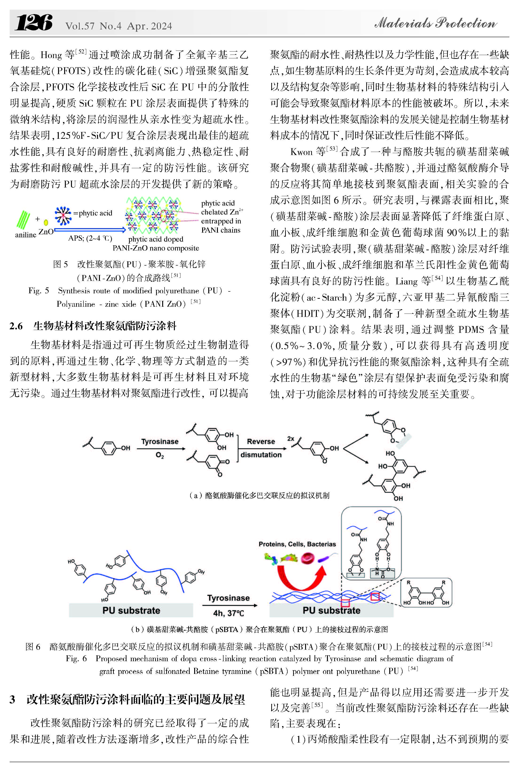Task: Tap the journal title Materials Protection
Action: [435, 23]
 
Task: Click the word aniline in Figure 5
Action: [25, 235]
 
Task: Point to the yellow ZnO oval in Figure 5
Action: [46, 223]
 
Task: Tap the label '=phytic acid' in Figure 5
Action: [93, 213]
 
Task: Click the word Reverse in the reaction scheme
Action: [261, 442]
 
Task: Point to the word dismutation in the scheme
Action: [261, 455]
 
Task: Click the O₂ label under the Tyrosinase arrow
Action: [160, 455]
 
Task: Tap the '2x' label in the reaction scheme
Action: [291, 438]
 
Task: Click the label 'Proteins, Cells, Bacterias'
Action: [297, 544]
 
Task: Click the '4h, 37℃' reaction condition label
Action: [228, 613]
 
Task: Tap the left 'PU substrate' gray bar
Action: [131, 610]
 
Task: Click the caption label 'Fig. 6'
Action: [76, 658]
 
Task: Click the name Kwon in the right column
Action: [301, 152]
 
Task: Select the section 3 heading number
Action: [13, 700]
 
